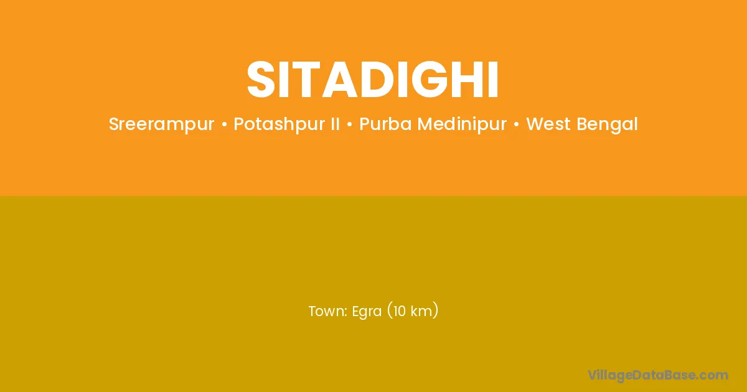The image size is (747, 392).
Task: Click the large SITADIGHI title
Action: [372, 80]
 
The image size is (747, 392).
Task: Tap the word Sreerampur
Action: [161, 124]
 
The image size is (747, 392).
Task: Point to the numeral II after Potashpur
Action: [334, 124]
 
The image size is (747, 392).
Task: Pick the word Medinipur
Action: [462, 124]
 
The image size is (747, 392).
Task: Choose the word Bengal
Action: [608, 124]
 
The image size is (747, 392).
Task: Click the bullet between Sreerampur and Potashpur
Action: [224, 124]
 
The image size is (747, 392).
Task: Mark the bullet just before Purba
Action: [349, 124]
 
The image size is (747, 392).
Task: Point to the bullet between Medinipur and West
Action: [517, 124]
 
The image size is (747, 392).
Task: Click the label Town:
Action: [328, 311]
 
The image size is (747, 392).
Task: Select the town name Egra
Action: [367, 312]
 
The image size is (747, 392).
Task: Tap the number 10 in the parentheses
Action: [399, 311]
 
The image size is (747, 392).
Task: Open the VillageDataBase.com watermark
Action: [657, 375]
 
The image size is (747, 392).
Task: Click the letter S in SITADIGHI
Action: [261, 80]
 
